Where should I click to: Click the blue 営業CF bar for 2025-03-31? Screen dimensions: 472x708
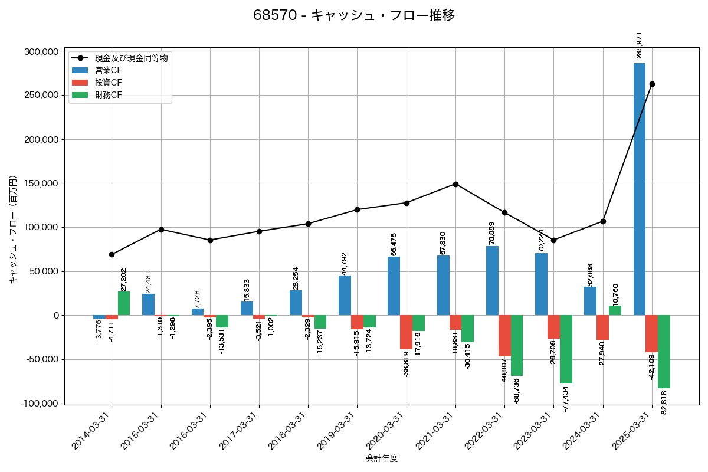(639, 189)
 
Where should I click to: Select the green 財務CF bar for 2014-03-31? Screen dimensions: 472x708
(124, 303)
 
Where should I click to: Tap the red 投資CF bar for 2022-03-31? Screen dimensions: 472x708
(504, 336)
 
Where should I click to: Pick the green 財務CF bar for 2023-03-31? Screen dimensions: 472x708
(566, 349)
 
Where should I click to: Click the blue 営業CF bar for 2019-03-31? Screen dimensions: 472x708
(345, 296)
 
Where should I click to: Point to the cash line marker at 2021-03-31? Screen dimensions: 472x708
(455, 184)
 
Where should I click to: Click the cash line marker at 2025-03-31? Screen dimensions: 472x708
(652, 84)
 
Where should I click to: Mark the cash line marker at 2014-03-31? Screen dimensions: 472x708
(112, 254)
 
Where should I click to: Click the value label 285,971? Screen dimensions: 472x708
(639, 45)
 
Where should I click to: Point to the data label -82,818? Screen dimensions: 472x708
(664, 404)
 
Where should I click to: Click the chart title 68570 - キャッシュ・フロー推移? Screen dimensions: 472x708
(354, 15)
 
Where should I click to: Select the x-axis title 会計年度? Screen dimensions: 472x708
(382, 458)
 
